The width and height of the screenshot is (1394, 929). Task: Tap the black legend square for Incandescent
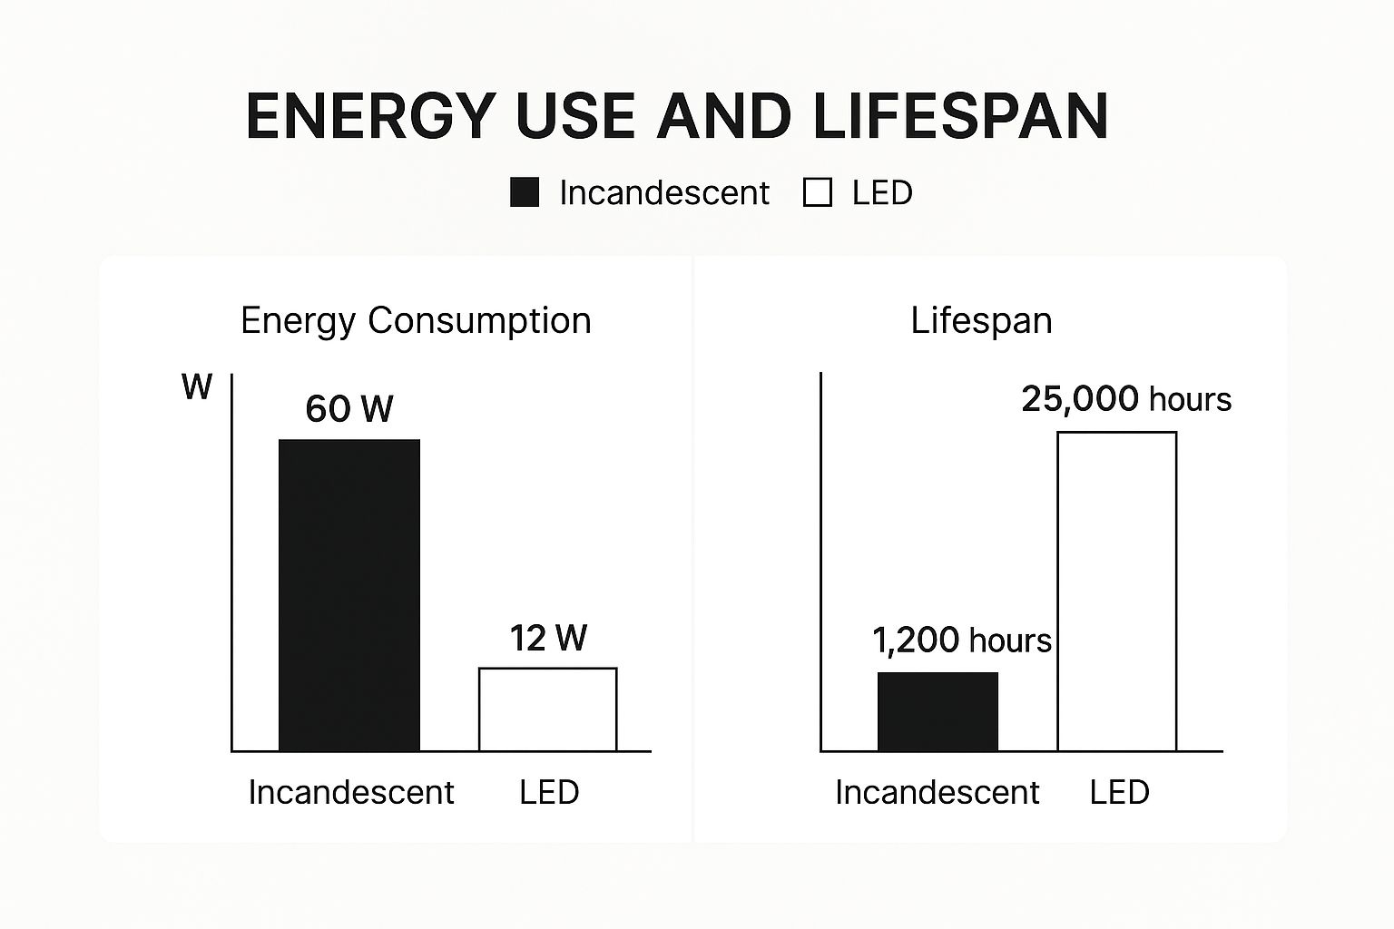point(525,192)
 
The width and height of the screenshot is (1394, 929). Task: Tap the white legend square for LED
point(817,192)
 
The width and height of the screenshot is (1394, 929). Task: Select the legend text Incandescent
point(663,192)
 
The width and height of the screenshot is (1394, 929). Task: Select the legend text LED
point(881,192)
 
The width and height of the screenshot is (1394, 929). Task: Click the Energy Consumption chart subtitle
point(416,320)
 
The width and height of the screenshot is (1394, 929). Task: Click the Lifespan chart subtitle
point(981,320)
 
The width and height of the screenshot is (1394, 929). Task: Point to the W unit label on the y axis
point(197,387)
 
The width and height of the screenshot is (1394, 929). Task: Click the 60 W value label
point(349,409)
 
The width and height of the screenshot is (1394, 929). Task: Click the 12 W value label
point(548,638)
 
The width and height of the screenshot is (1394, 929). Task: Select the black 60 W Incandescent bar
point(349,595)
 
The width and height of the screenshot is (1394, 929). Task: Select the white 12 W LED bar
point(548,709)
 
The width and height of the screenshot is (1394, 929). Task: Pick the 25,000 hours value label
point(1126,399)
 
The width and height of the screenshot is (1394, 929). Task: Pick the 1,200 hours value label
point(962,641)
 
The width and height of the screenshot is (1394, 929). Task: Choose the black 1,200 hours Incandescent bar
point(938,711)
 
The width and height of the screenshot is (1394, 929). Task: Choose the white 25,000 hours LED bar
point(1117,592)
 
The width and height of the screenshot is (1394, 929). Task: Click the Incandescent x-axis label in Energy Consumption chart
point(351,792)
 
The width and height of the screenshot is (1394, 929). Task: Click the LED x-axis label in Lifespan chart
point(1119,792)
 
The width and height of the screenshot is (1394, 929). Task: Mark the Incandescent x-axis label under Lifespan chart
point(938,792)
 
